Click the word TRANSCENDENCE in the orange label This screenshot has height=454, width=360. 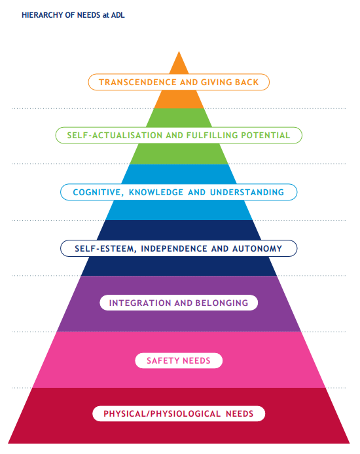pos(137,83)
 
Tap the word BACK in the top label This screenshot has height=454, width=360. pos(247,83)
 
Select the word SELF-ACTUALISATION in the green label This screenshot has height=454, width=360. pos(115,135)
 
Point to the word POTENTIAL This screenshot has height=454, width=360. pos(266,135)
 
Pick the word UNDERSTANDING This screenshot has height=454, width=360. pos(247,192)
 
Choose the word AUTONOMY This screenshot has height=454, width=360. pos(257,249)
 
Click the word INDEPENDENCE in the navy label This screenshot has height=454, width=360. pos(174,249)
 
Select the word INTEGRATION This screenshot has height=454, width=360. pos(140,303)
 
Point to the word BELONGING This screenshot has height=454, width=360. pos(222,303)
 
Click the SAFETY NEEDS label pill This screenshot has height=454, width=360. pos(179,360)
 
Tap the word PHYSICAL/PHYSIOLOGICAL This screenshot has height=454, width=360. pos(162,414)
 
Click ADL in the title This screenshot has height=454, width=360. pos(118,15)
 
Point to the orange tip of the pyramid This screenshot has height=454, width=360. pos(179,52)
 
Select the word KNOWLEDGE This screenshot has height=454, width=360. pos(156,192)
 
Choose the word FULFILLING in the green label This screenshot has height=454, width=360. pos(212,135)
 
